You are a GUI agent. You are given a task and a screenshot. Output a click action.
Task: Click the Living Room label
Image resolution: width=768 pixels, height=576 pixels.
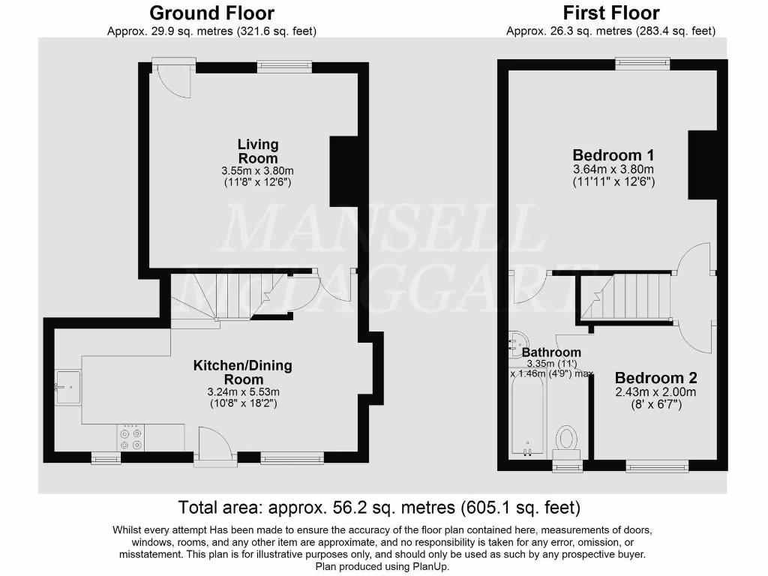point(258,151)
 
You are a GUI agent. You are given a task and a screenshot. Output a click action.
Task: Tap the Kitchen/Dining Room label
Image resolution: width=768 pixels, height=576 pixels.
point(243,372)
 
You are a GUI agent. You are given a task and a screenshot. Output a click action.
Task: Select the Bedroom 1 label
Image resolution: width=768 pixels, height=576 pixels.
point(613,155)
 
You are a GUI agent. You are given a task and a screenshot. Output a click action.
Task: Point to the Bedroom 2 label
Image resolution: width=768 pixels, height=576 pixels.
point(650,378)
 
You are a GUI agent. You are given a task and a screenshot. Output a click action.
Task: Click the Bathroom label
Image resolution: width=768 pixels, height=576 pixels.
point(551,352)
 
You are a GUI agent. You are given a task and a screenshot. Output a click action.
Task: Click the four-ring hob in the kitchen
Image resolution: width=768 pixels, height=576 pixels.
point(130,438)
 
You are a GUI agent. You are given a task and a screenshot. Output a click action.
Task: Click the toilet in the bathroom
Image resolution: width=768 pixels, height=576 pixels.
point(567,440)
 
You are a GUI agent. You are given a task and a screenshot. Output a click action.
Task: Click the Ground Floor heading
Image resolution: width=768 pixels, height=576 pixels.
point(211,13)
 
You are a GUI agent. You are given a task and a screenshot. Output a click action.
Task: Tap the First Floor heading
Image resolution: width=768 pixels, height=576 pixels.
point(611,13)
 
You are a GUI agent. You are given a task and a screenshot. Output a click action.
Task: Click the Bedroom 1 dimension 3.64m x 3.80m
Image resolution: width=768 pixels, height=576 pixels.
point(613,169)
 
